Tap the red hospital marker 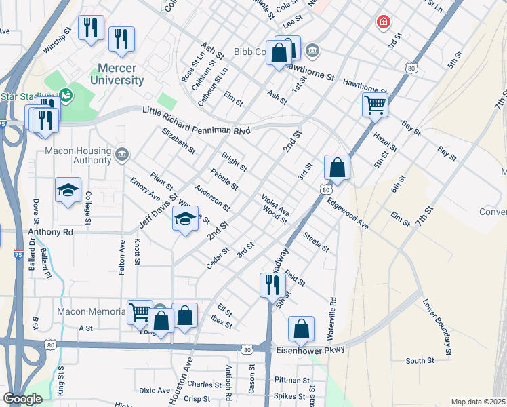tap(384, 22)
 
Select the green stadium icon tap(66, 96)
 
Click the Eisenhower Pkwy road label tap(312, 350)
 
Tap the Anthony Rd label tap(49, 231)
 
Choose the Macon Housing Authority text tap(77, 155)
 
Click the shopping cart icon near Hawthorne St tap(374, 104)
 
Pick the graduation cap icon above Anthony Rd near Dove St tap(68, 191)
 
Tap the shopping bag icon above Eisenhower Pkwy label tap(301, 329)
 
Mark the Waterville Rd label tap(333, 319)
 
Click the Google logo tap(22, 399)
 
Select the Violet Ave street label tap(276, 204)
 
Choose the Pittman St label tap(292, 380)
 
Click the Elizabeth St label tap(179, 140)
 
